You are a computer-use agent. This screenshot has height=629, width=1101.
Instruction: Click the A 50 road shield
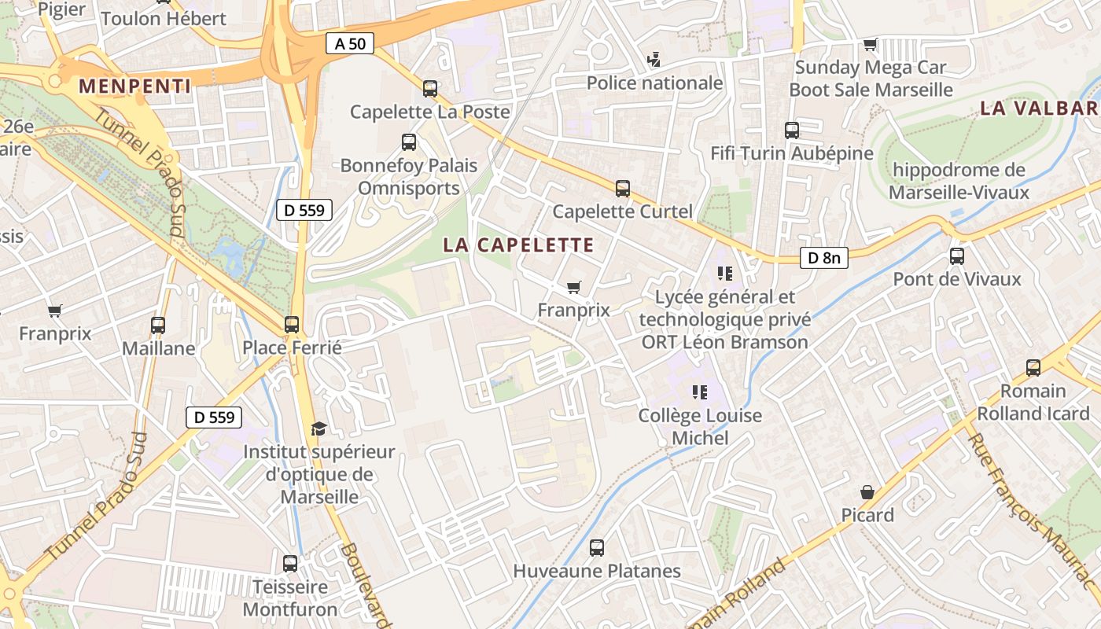click(x=350, y=43)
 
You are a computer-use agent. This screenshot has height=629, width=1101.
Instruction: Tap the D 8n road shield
click(x=824, y=257)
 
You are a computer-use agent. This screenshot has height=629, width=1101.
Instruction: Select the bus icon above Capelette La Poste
click(x=429, y=88)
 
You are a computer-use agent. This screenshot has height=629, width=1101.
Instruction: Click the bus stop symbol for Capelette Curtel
click(x=623, y=188)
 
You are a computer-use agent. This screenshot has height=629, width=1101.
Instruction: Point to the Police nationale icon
click(x=654, y=59)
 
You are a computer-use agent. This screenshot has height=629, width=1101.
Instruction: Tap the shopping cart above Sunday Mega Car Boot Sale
click(x=870, y=44)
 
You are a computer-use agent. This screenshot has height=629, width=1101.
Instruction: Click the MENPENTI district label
click(x=135, y=86)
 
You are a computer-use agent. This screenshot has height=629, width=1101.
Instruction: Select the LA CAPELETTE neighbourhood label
click(x=518, y=245)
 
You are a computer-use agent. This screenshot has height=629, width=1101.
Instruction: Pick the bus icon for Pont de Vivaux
click(x=957, y=256)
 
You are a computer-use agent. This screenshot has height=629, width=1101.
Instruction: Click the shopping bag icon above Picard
click(x=867, y=492)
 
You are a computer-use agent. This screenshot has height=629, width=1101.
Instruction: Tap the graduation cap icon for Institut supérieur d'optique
click(x=319, y=429)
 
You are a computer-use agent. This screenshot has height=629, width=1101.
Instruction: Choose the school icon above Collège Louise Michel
click(x=700, y=392)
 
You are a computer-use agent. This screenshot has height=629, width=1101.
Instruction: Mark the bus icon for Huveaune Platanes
click(x=597, y=547)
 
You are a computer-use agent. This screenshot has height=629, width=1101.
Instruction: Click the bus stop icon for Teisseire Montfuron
click(x=290, y=563)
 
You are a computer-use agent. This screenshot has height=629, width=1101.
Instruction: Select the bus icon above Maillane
click(x=158, y=325)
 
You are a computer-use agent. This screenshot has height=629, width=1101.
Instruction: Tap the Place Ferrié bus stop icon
click(x=292, y=324)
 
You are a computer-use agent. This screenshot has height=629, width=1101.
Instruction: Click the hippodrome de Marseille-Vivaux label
click(x=959, y=181)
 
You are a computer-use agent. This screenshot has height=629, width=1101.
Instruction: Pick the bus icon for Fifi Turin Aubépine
click(x=792, y=130)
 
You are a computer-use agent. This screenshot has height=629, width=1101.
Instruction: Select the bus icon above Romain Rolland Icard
click(x=1033, y=367)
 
